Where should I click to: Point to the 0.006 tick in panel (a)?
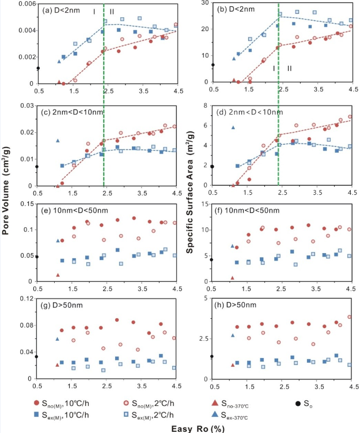pyautogui.click(x=26, y=4)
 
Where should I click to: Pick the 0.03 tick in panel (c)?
pyautogui.click(x=28, y=106)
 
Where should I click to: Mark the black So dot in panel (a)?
pyautogui.click(x=38, y=69)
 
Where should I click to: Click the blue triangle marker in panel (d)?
pyautogui.click(x=233, y=128)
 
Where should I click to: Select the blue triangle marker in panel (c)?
pyautogui.click(x=58, y=140)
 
